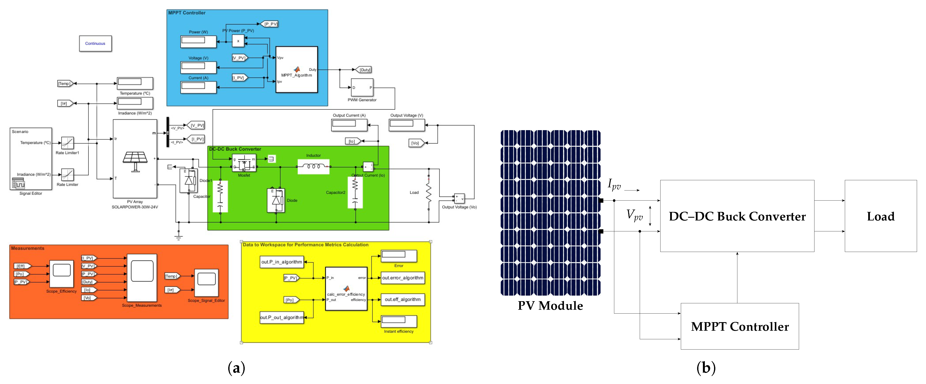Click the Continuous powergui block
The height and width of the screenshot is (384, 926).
pyautogui.click(x=95, y=43)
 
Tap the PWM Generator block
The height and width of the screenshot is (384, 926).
pyautogui.click(x=362, y=88)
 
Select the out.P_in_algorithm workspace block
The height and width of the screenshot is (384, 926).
pyautogui.click(x=282, y=262)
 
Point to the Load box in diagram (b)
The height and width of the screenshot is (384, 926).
pyautogui.click(x=880, y=216)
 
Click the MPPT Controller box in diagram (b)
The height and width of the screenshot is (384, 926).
pyautogui.click(x=740, y=326)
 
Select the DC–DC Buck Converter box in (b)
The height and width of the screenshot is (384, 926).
pyautogui.click(x=737, y=216)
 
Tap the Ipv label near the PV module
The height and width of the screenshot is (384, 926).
pyautogui.click(x=614, y=184)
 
